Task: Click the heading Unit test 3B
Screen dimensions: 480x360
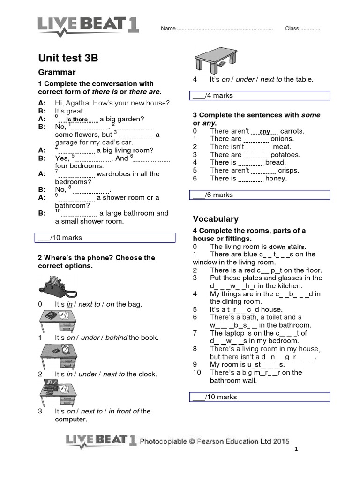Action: pos(68,58)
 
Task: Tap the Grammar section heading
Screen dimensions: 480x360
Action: pos(56,72)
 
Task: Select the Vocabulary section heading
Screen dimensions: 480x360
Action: pos(216,219)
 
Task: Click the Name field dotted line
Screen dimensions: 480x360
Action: pos(225,29)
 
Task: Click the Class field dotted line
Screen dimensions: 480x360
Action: pos(310,29)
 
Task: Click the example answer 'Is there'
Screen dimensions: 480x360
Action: pos(77,120)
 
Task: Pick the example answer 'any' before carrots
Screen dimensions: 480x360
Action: pos(265,132)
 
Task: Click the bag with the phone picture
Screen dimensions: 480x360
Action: pos(58,285)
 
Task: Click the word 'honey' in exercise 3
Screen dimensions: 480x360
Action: pos(276,179)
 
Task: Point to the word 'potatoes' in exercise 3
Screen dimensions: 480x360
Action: pos(285,155)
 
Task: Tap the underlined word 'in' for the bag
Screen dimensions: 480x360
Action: pos(69,304)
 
